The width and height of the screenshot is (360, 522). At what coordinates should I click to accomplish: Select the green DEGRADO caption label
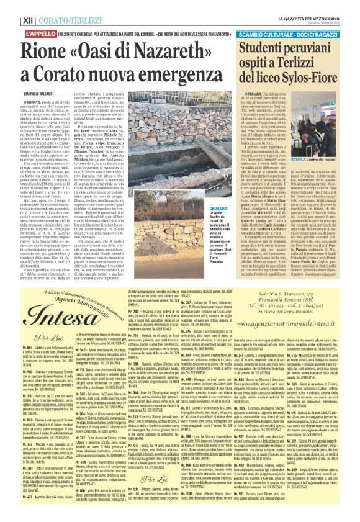209,211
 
